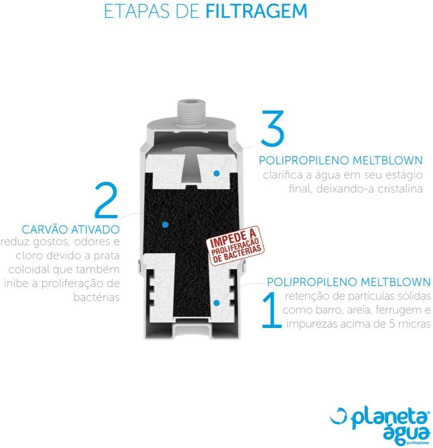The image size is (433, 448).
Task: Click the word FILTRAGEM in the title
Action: (x=256, y=11)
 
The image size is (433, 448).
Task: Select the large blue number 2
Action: (x=106, y=200)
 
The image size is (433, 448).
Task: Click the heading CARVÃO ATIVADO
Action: (x=71, y=230)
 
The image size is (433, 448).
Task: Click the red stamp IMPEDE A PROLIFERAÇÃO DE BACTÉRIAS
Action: (x=236, y=246)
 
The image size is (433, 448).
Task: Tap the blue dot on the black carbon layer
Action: (x=165, y=225)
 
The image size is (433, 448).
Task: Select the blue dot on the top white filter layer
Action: (x=216, y=173)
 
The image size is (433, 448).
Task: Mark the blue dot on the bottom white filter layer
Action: (x=216, y=303)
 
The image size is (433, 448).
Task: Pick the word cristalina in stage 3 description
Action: (x=399, y=189)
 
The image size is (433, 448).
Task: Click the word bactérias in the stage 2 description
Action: (x=96, y=297)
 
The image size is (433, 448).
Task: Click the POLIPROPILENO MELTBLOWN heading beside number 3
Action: (x=341, y=160)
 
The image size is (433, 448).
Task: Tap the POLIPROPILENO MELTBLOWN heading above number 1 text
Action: (x=349, y=282)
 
